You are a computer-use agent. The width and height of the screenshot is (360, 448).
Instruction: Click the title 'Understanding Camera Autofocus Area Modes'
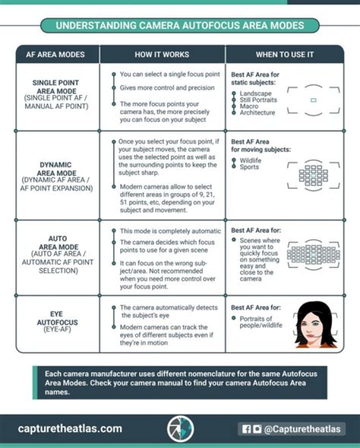179,26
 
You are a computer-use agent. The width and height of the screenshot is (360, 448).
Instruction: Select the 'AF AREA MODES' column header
55,55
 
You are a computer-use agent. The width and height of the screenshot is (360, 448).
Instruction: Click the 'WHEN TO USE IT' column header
284,55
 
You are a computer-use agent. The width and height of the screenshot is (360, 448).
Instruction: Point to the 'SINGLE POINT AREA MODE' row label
55,87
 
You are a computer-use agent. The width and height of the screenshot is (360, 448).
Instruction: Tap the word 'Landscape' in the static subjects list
255,94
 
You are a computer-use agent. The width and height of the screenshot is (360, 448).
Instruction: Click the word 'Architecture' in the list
257,113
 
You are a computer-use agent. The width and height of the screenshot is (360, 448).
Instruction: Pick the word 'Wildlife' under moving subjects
250,161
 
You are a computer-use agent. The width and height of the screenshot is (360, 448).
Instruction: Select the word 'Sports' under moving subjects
249,167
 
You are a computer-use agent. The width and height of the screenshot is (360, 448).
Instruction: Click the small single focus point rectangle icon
313,100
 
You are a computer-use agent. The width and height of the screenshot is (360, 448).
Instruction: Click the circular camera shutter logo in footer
180,428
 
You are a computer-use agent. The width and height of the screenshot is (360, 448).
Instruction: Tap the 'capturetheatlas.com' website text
70,428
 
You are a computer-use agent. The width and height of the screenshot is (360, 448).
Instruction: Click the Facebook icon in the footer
246,429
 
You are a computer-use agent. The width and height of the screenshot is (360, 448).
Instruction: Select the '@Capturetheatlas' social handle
303,429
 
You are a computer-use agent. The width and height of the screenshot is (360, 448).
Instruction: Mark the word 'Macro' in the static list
249,106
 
